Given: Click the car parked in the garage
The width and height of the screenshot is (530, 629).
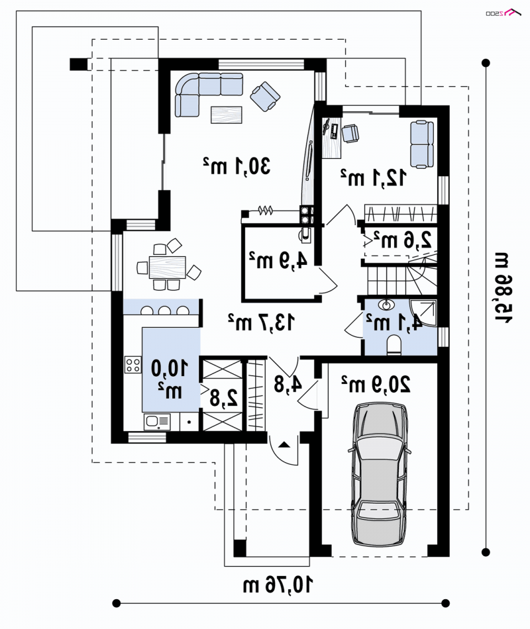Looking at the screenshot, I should pos(380,474).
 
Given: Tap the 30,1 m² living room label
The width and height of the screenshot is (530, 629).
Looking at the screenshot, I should pos(237,166).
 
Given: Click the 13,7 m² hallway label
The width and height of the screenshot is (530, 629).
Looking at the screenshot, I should pos(261,322).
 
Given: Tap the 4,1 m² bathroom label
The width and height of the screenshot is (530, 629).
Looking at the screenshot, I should pos(396,322).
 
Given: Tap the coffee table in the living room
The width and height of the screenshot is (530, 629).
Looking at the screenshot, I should pos(227,115).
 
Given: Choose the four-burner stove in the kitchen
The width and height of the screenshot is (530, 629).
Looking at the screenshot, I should pos(133,364).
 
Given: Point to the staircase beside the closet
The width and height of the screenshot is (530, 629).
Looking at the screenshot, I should pos(400,275).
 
